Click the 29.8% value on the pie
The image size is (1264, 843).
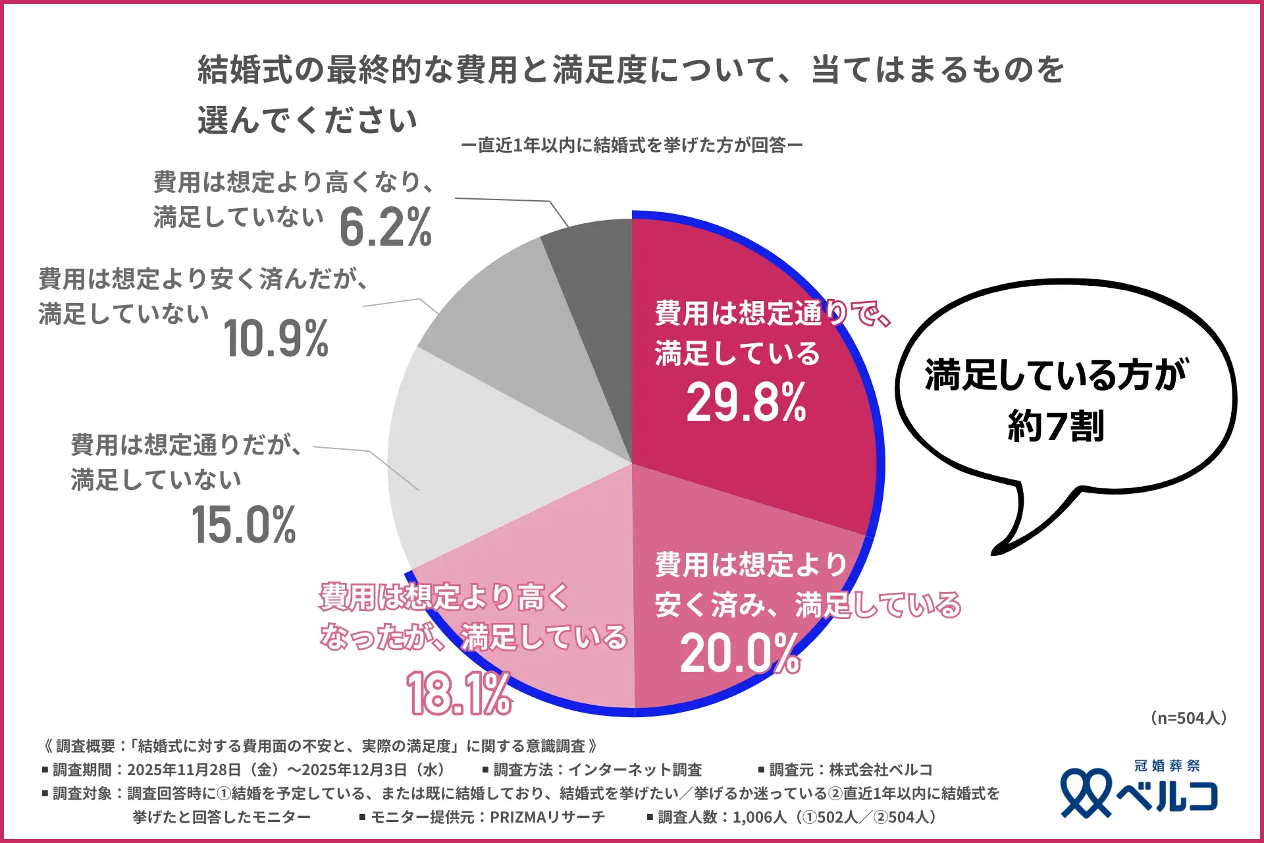[x=746, y=402]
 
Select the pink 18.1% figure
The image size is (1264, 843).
[x=459, y=693]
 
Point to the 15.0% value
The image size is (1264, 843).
[x=244, y=526]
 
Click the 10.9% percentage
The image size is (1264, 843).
[x=276, y=339]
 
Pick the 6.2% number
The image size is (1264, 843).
[x=386, y=228]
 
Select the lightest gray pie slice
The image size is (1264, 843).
[x=461, y=461]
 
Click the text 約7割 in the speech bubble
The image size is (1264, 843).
[x=1056, y=426]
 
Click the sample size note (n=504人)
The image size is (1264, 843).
[x=1189, y=718]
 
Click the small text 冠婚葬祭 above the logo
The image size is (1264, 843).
[x=1167, y=766]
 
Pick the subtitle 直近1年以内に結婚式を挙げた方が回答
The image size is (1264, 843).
[x=632, y=145]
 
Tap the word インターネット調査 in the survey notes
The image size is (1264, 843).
[x=635, y=770]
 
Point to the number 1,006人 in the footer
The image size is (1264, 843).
[x=759, y=817]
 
